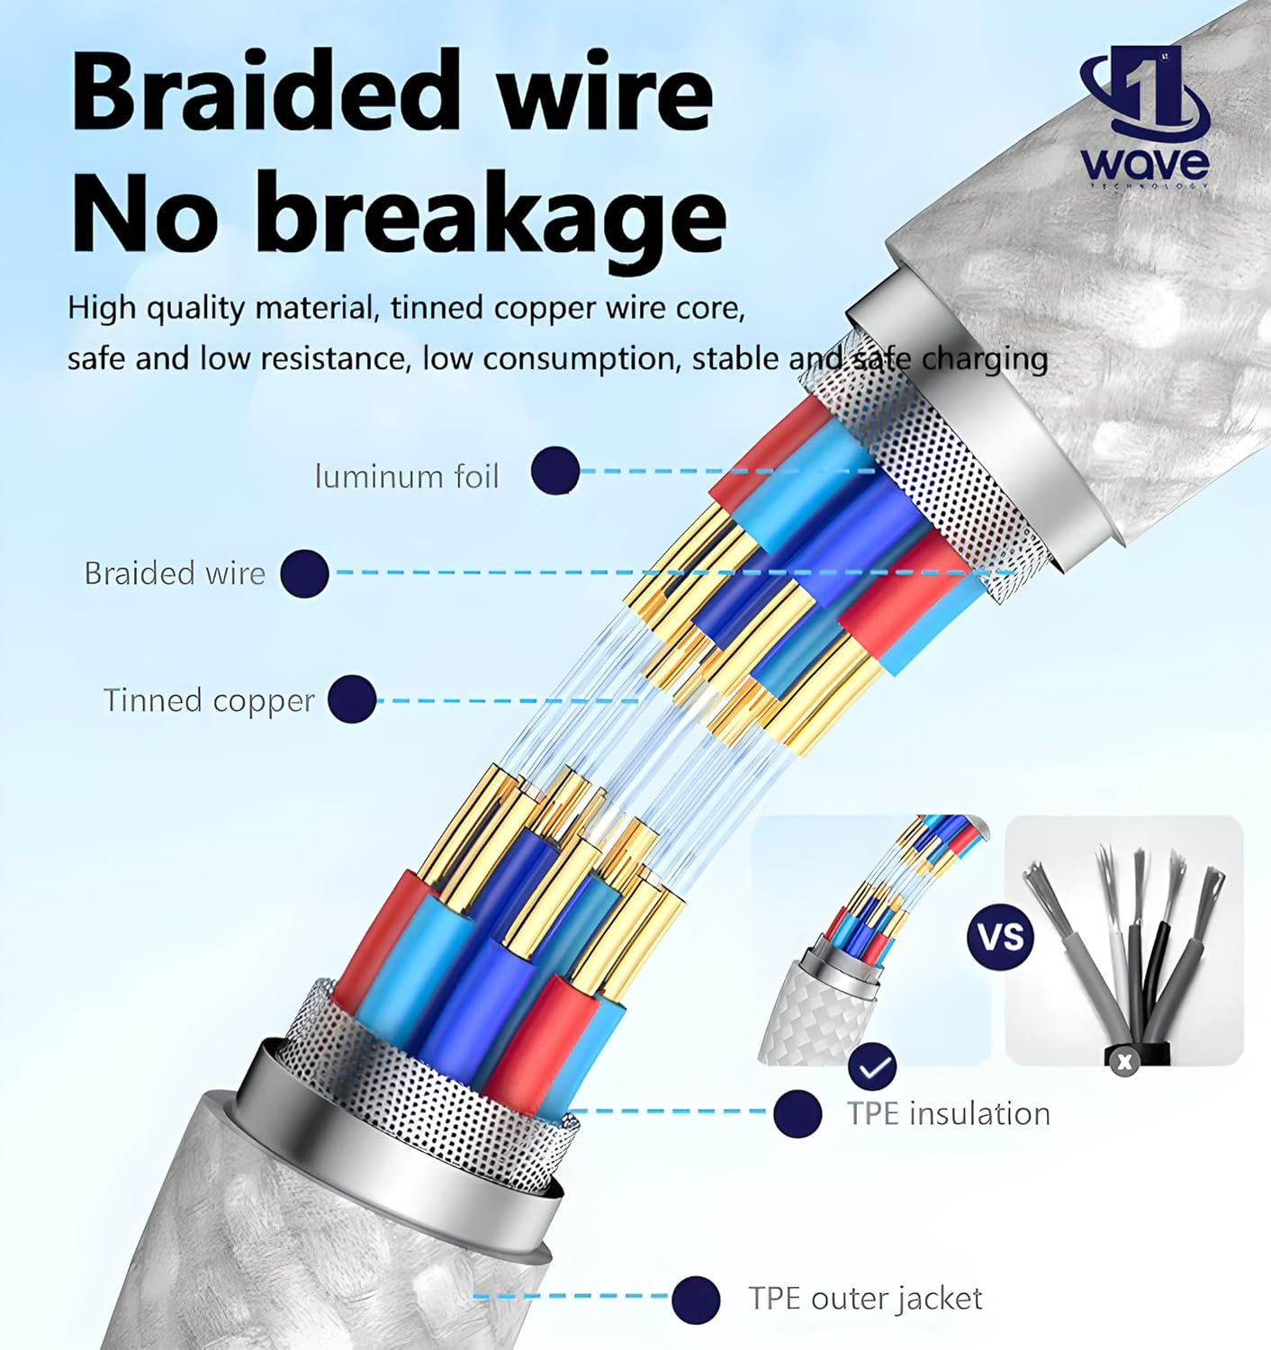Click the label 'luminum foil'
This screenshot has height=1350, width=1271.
pyautogui.click(x=406, y=476)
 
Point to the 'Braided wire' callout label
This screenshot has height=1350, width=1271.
pyautogui.click(x=175, y=573)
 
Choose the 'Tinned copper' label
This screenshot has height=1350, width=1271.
pyautogui.click(x=209, y=700)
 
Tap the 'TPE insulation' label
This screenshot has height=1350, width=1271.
pyautogui.click(x=948, y=1114)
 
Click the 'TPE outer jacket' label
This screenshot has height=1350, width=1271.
pyautogui.click(x=865, y=1299)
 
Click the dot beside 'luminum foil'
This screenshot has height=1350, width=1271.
pyautogui.click(x=555, y=471)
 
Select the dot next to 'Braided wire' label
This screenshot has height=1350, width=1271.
pyautogui.click(x=304, y=573)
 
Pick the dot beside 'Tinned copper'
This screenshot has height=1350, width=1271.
pyautogui.click(x=352, y=700)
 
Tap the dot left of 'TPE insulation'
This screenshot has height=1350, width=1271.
pyautogui.click(x=798, y=1114)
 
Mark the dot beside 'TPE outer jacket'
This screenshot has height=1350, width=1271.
pyautogui.click(x=696, y=1299)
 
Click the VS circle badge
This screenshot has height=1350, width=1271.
pyautogui.click(x=1001, y=937)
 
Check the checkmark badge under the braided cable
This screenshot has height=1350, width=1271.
pyautogui.click(x=872, y=1068)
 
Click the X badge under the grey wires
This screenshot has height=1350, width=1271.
pyautogui.click(x=1122, y=1062)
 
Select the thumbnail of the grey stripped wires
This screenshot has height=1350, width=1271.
pyautogui.click(x=1123, y=939)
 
